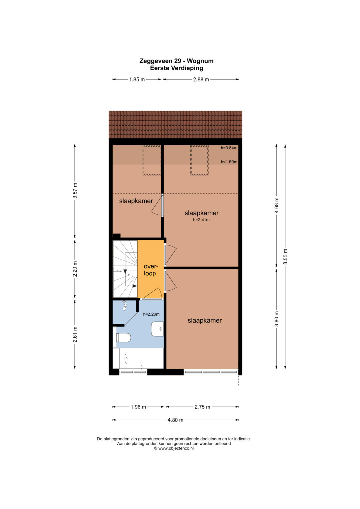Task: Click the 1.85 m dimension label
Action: tap(137, 80)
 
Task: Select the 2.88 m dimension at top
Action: tap(201, 80)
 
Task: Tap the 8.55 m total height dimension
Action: tap(285, 256)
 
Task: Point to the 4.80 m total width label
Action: tap(175, 420)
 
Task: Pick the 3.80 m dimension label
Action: tap(277, 319)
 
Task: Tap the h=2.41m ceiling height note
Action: tap(201, 220)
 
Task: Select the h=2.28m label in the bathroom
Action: tap(151, 314)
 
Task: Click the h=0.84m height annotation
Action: tap(229, 148)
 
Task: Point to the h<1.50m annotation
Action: tap(229, 162)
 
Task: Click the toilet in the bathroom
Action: tap(123, 338)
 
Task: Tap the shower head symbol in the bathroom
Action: tap(124, 306)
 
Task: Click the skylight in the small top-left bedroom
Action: tap(152, 160)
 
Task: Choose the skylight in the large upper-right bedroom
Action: tap(199, 160)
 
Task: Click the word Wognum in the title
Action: tap(200, 61)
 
